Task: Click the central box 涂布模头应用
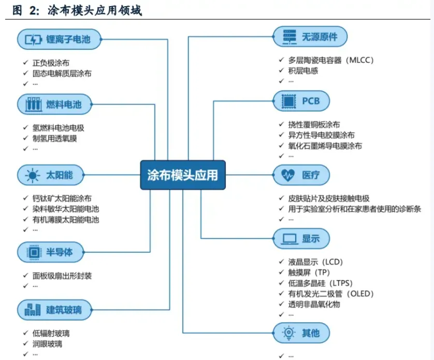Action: [x=183, y=175]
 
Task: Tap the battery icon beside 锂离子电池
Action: [x=33, y=39]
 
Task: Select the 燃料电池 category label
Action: [x=64, y=105]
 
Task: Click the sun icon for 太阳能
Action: [x=33, y=175]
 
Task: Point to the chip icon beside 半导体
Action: [x=34, y=252]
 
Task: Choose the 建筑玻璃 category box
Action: [x=54, y=310]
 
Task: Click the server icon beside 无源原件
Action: [x=290, y=37]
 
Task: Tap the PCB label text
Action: [x=311, y=101]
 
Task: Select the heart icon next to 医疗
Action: [x=288, y=175]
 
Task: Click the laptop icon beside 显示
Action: [x=290, y=239]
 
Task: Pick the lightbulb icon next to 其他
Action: [x=288, y=333]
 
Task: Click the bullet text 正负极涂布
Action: [x=51, y=63]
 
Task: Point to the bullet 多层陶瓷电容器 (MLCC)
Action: [x=331, y=60]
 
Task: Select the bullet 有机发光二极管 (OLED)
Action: [x=331, y=294]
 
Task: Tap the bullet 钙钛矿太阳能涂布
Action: [x=62, y=198]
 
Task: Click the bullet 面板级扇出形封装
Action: [x=62, y=276]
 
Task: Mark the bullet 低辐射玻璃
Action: [x=51, y=333]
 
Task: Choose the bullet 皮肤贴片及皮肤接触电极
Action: [x=329, y=198]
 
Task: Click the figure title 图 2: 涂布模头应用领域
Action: [x=77, y=10]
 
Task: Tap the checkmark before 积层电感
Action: [x=282, y=70]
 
